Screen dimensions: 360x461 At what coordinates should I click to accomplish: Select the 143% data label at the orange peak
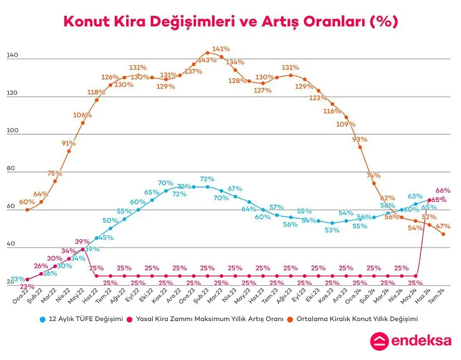[207, 60]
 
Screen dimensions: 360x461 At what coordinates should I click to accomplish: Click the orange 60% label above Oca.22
[27, 202]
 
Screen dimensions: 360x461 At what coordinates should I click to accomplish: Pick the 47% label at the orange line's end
[443, 226]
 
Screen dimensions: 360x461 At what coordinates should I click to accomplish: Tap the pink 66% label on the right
[443, 190]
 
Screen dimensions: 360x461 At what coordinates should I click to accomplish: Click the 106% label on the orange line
[82, 115]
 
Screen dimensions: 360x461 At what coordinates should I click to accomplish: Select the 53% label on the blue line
[332, 230]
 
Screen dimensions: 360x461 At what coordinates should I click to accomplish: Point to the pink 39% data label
[82, 242]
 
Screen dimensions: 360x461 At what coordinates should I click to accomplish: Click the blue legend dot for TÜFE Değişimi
[42, 318]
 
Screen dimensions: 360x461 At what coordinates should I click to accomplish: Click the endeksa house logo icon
[380, 341]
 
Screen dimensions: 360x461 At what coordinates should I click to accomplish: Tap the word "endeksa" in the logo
[421, 341]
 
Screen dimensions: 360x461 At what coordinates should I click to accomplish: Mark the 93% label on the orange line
[359, 139]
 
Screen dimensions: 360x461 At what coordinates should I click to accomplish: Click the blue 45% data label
[106, 238]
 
